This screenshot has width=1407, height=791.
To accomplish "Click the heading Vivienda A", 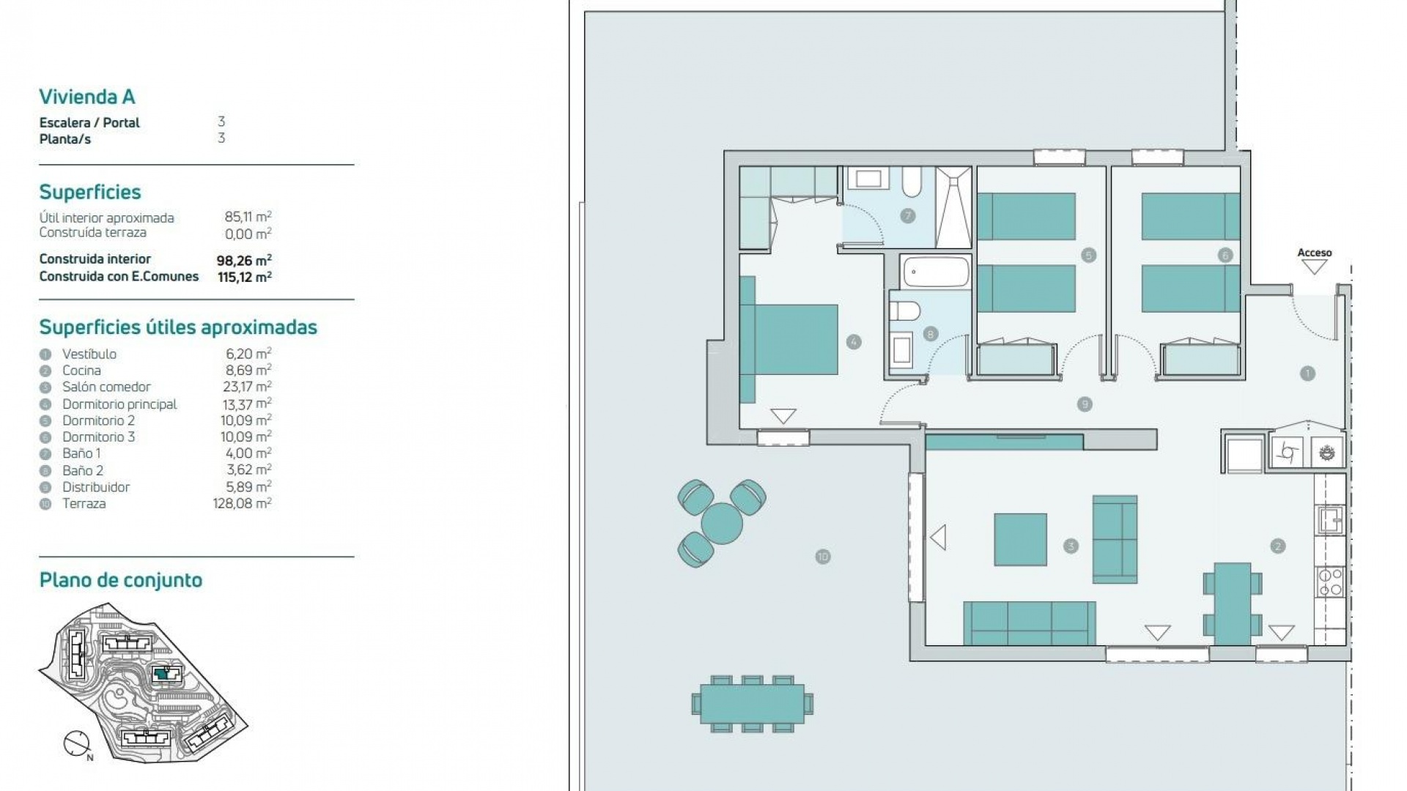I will [86, 97].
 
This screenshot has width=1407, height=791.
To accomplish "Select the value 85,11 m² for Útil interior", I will [248, 217].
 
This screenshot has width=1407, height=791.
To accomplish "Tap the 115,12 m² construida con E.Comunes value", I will [245, 277].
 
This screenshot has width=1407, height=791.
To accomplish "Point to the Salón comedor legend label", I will [106, 387].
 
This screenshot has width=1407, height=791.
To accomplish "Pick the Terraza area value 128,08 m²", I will [242, 504].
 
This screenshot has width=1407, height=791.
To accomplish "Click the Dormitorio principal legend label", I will [119, 404].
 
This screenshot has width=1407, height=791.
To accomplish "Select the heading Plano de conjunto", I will [121, 580].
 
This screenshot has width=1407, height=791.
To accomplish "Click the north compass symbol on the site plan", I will [77, 743].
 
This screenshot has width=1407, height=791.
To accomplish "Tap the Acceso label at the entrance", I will [1315, 253].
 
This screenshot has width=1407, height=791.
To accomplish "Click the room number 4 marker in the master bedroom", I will [854, 341].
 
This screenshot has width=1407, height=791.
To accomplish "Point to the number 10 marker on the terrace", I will [822, 557].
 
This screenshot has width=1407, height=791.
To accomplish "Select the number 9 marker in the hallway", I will [1085, 404].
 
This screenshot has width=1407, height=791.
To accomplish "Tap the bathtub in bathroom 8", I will [936, 272].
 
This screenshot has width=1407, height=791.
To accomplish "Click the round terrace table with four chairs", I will [722, 523].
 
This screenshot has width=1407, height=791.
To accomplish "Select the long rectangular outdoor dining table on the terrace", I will [753, 704].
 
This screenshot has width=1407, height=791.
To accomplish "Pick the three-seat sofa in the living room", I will [1030, 623].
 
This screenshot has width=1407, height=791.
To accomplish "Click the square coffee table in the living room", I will [1020, 540].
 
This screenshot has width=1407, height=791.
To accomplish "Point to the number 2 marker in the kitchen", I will [1278, 546].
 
